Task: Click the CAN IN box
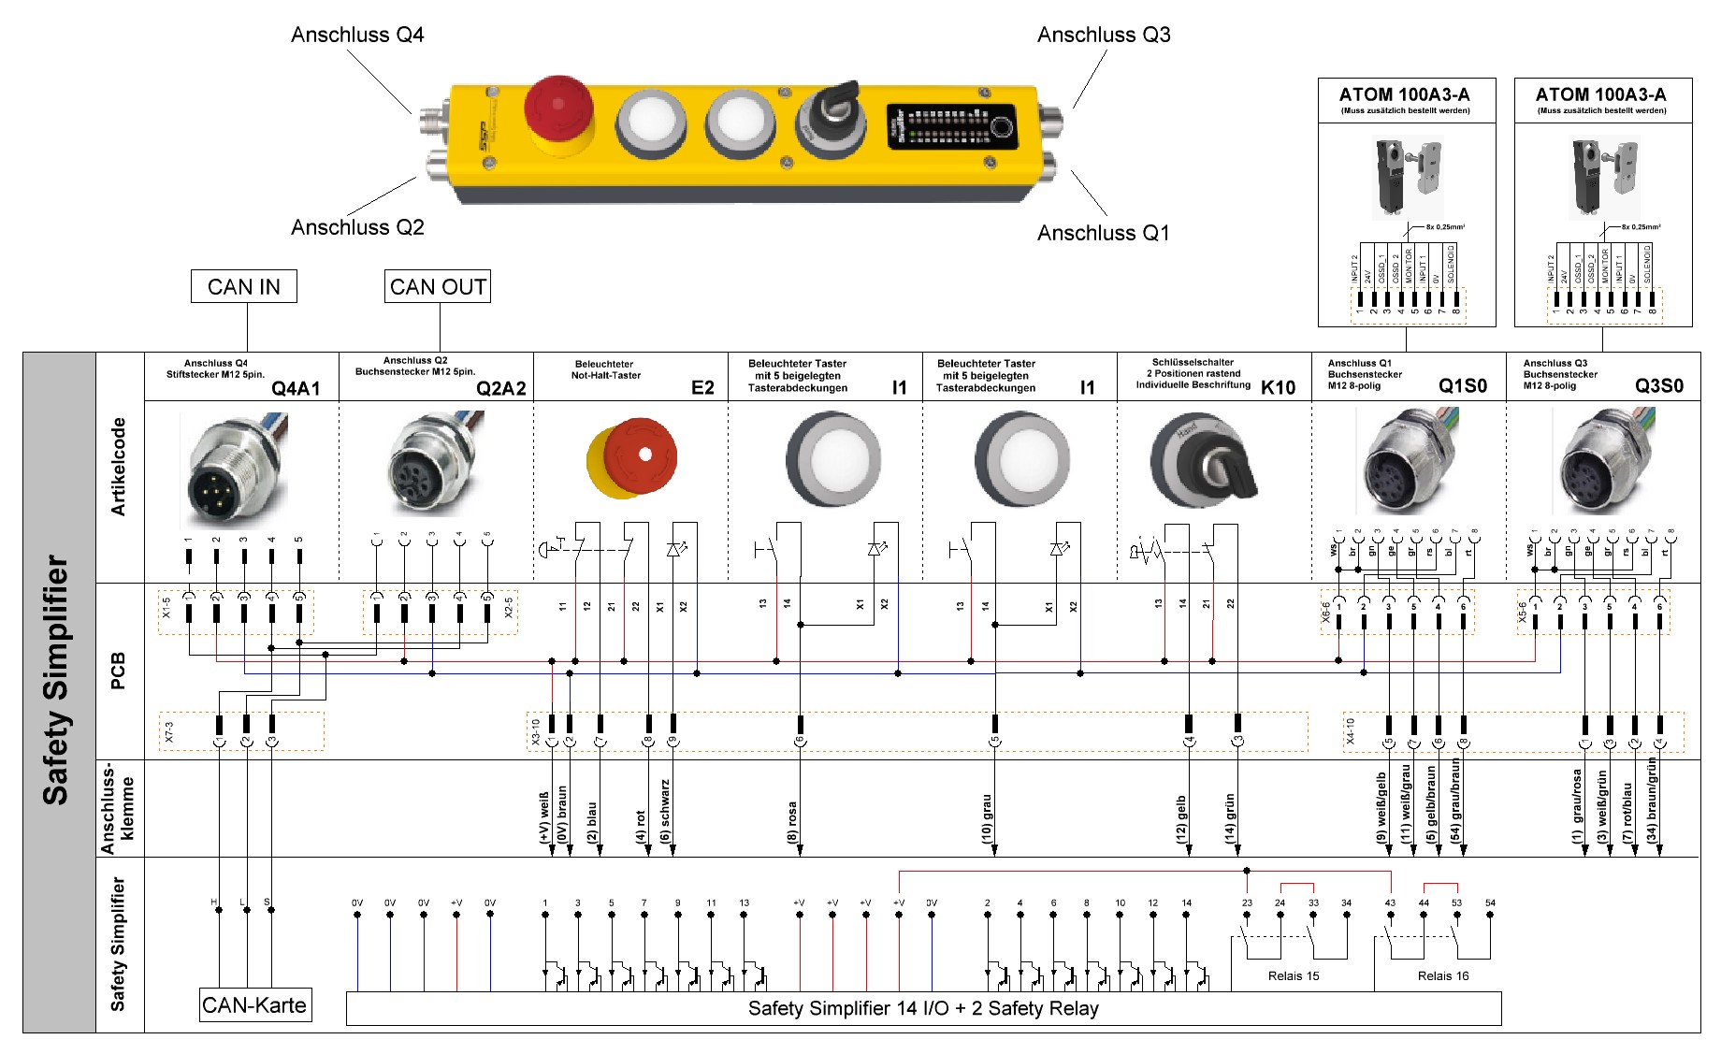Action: [243, 286]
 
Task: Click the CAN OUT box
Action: [438, 286]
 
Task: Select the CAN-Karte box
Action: [254, 1005]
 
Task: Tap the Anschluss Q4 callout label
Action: [357, 35]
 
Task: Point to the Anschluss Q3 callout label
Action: [1104, 35]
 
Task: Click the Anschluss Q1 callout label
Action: [1104, 233]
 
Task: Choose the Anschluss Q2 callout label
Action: [357, 227]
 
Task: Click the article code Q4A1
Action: [296, 389]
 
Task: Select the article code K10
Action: [1278, 388]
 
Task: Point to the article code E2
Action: [702, 388]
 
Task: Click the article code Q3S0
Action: [1658, 386]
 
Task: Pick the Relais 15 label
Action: [1294, 976]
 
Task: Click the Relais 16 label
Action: [1443, 976]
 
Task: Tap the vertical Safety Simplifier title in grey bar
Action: [56, 680]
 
